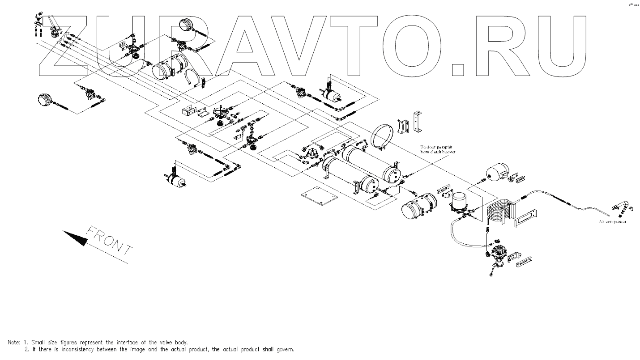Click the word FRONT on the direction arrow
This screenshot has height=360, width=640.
coord(109,241)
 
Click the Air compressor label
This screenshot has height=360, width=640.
coord(612,221)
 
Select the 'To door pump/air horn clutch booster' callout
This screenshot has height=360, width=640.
coord(437,149)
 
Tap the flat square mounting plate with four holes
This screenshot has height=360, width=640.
coord(318,197)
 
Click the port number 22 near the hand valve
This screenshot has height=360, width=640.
coord(67,34)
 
